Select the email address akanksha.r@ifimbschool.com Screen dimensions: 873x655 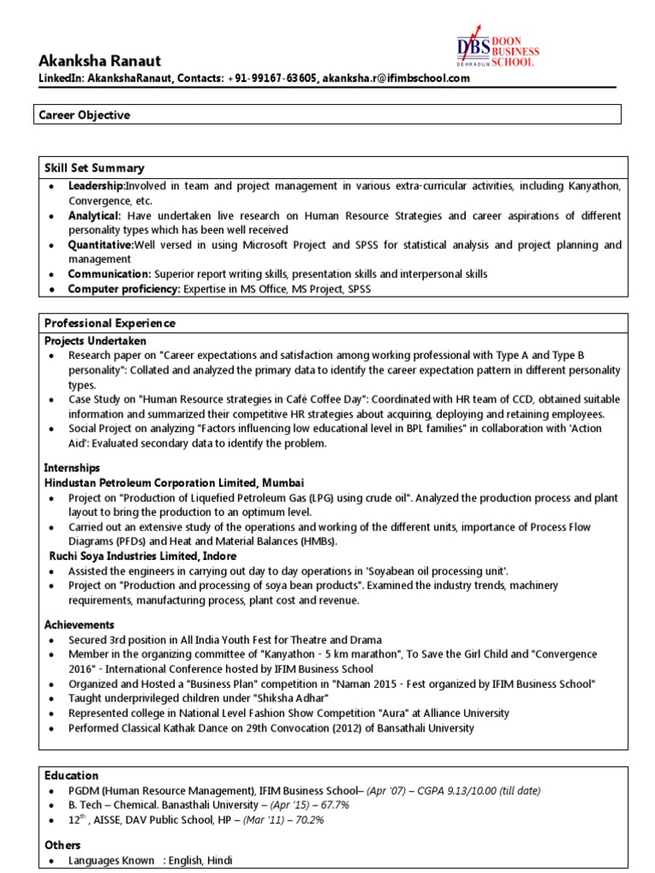397,78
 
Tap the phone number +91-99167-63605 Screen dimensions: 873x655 272,78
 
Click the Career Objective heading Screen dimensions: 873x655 87,114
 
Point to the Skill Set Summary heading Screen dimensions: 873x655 94,168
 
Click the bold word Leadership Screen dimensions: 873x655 96,186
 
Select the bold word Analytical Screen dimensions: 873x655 95,216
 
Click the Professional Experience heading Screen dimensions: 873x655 110,323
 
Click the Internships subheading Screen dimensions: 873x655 72,468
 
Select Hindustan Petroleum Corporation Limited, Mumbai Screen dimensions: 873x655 174,483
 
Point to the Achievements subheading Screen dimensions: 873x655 79,625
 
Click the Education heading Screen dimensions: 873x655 72,775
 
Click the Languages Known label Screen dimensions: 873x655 112,860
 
